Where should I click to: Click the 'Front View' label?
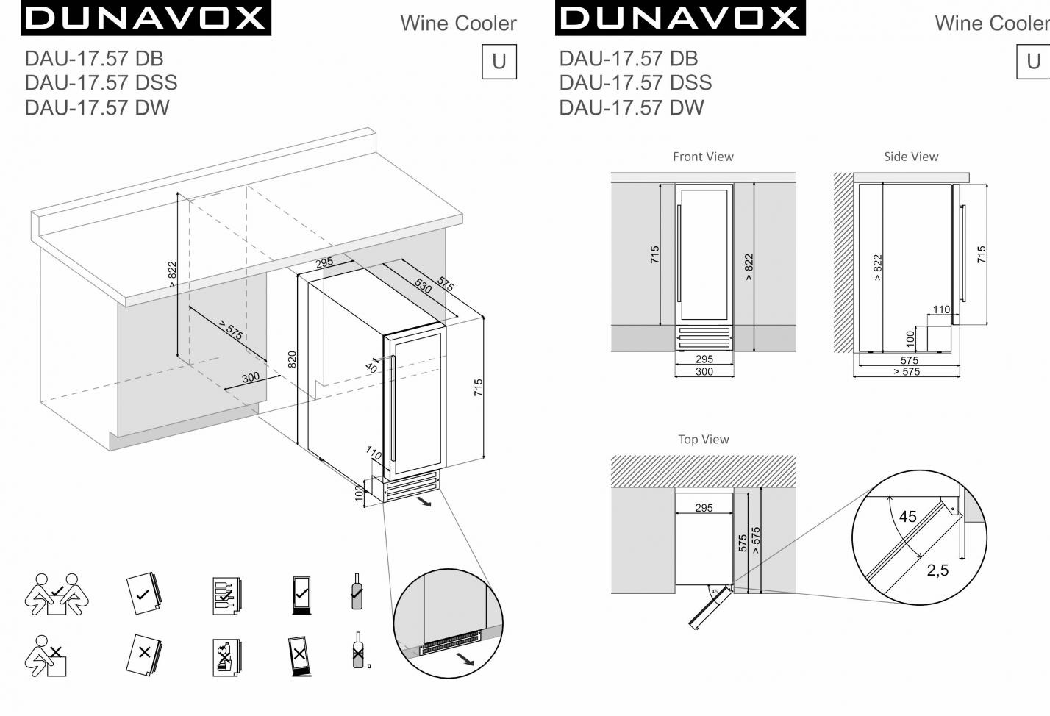703,157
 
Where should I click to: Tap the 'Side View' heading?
911,157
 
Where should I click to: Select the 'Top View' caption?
703,439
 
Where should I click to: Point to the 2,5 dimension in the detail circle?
938,570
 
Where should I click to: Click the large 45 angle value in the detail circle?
907,516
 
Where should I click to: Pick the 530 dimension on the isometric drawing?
423,285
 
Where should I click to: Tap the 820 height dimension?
292,359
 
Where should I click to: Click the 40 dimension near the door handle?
371,368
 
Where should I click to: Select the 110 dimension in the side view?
941,309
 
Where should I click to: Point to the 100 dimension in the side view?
910,338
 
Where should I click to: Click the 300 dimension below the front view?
704,371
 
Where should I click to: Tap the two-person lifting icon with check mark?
57,594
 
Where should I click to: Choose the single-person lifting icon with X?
46,656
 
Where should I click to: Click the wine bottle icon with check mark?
357,591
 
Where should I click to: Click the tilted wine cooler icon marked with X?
299,656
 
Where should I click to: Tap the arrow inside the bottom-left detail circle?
465,660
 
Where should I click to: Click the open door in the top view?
710,607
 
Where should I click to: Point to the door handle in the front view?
679,254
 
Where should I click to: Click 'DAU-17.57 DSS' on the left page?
101,83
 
